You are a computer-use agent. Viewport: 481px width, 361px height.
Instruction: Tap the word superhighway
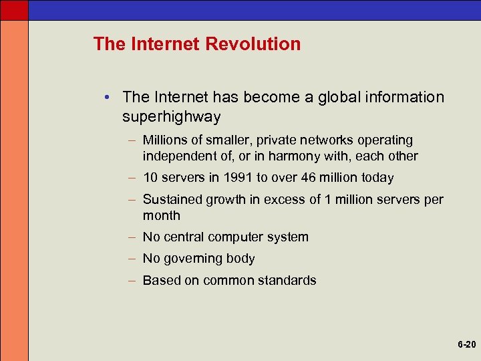click(x=171, y=117)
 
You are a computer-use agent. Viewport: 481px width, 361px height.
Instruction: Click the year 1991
click(x=238, y=178)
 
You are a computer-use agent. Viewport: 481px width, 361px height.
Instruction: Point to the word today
click(x=378, y=178)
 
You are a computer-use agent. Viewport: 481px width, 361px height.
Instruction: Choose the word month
click(x=161, y=215)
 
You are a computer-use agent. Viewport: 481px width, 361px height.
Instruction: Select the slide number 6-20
click(x=466, y=345)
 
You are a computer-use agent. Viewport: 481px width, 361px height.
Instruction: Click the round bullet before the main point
click(x=107, y=98)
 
